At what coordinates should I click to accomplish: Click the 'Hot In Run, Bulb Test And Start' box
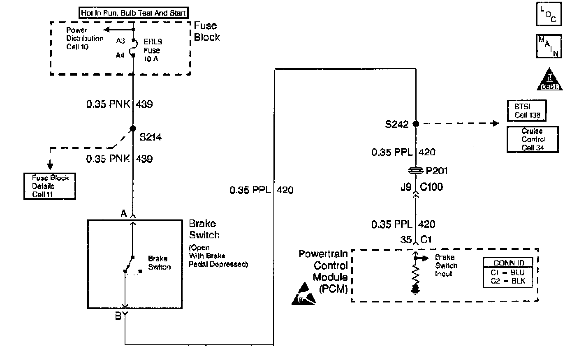pyautogui.click(x=133, y=13)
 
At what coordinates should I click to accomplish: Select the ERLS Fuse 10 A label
pyautogui.click(x=153, y=50)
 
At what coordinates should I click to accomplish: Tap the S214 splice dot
pyautogui.click(x=133, y=129)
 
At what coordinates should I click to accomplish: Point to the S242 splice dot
pyautogui.click(x=416, y=123)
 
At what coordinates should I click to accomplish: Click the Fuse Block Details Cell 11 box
pyautogui.click(x=50, y=186)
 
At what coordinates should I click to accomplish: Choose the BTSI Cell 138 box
pyautogui.click(x=527, y=111)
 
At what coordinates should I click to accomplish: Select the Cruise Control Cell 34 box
pyautogui.click(x=533, y=139)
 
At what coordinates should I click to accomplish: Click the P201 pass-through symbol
pyautogui.click(x=416, y=170)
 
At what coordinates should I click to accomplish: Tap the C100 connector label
pyautogui.click(x=431, y=187)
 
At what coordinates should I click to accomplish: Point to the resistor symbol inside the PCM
pyautogui.click(x=416, y=274)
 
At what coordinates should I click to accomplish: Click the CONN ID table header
pyautogui.click(x=509, y=263)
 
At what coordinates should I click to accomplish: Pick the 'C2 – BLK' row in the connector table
pyautogui.click(x=509, y=281)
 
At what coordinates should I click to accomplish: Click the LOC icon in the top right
pyautogui.click(x=549, y=14)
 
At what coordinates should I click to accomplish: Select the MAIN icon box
pyautogui.click(x=549, y=46)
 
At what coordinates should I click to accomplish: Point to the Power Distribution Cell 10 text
pyautogui.click(x=84, y=39)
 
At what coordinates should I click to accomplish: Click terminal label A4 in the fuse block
pyautogui.click(x=120, y=55)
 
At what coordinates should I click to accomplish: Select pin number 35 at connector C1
pyautogui.click(x=406, y=239)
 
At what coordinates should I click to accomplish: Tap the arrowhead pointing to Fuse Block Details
pyautogui.click(x=50, y=166)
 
